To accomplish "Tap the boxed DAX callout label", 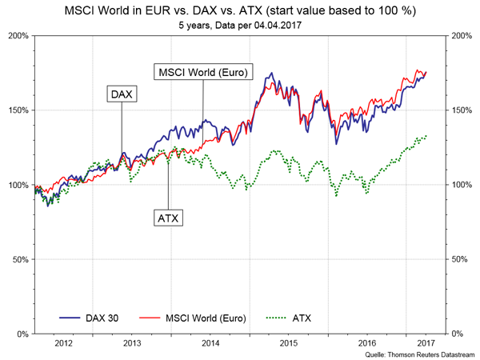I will [122, 94].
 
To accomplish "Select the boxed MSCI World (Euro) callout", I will [202, 72].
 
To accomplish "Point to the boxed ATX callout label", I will [167, 217].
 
